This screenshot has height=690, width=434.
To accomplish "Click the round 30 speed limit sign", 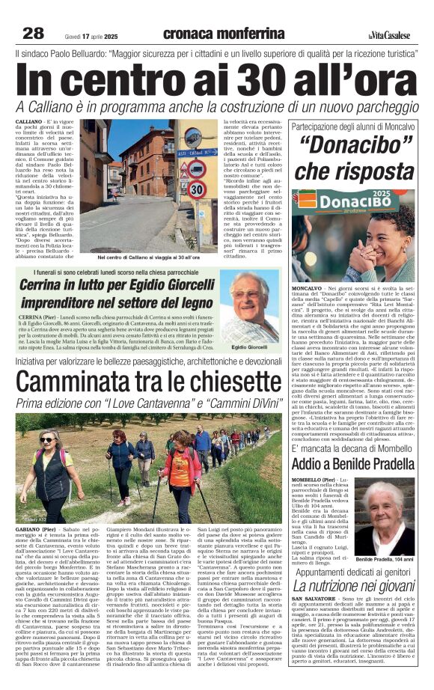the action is [x=196, y=189].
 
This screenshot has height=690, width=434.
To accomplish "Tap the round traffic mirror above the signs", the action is [x=193, y=135].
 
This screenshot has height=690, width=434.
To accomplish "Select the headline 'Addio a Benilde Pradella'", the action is [x=353, y=463].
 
